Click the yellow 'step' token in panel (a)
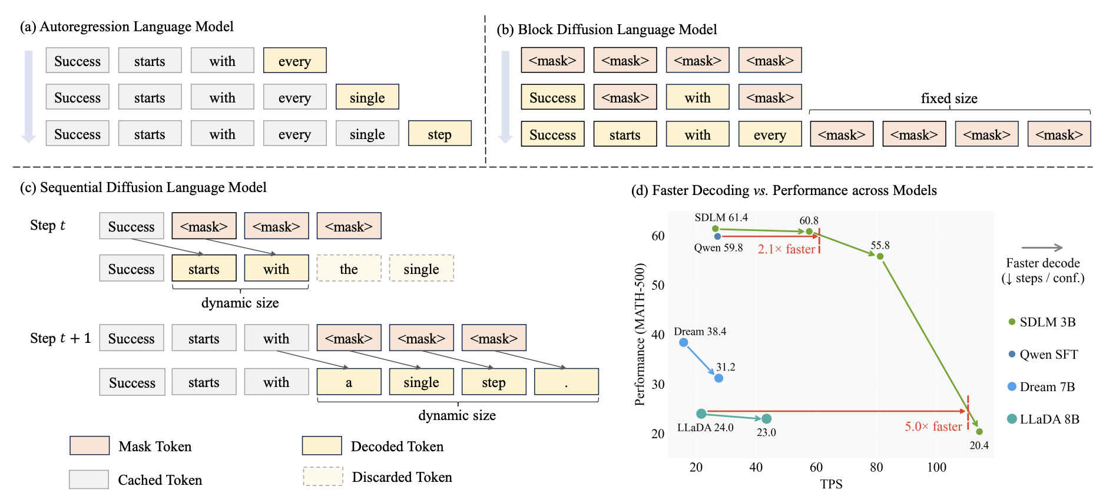click(439, 134)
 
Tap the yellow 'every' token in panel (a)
click(294, 61)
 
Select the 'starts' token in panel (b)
click(625, 134)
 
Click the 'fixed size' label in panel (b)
click(949, 98)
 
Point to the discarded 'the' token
click(349, 269)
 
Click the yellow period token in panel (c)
click(566, 382)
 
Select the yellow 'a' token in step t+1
click(349, 382)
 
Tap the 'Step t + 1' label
click(60, 338)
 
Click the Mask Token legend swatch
click(90, 445)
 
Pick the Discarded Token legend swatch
click(323, 477)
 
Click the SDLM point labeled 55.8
click(880, 256)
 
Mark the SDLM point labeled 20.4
click(979, 432)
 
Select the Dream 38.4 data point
click(683, 342)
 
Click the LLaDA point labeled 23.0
click(766, 419)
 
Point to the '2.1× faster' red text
click(786, 249)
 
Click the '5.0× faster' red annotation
click(933, 426)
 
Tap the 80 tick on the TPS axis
click(876, 467)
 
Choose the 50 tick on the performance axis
click(658, 285)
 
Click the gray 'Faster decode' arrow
click(1042, 247)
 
